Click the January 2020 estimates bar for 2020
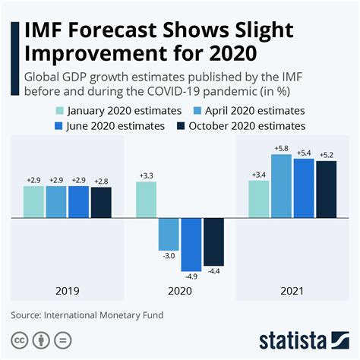pos(147,200)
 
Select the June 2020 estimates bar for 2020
pos(191,245)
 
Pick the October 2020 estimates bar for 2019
pos(101,202)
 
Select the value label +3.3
pos(147,175)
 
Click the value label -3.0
pos(169,257)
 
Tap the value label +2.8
pos(101,181)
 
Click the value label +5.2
pos(327,155)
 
